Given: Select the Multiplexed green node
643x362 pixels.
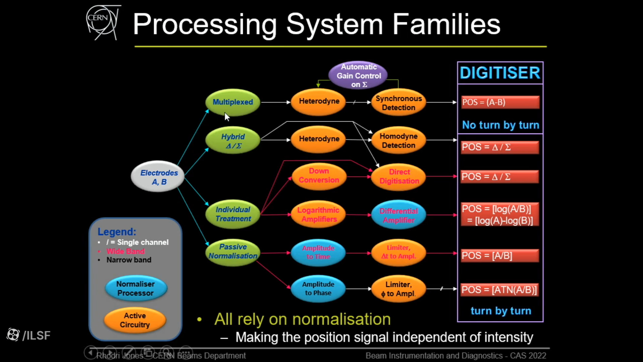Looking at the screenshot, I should [233, 102].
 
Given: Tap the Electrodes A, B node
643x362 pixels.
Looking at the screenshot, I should [158, 177].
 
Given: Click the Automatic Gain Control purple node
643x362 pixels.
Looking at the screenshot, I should [358, 75].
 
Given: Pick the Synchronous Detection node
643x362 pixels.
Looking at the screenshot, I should [398, 103].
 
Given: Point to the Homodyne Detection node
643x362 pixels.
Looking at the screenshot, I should [398, 140].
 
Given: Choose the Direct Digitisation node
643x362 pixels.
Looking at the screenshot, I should [399, 176].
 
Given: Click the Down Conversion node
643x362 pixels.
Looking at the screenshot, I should [319, 176].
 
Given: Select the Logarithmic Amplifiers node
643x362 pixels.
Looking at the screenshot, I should [318, 215].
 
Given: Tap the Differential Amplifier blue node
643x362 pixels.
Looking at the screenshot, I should [399, 215].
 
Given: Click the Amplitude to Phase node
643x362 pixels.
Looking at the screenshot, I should [318, 288].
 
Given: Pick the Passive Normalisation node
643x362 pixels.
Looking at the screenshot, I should [233, 251].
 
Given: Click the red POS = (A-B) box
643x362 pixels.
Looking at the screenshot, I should [500, 102].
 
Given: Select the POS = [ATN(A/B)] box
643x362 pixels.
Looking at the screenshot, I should [499, 290].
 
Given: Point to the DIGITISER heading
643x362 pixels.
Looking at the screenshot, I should [500, 73].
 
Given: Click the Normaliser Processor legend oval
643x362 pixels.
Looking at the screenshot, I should [136, 288].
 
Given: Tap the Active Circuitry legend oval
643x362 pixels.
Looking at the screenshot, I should [135, 320].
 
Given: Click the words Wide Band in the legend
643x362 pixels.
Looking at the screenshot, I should [126, 251].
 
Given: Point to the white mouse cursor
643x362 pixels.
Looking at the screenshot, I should [227, 116].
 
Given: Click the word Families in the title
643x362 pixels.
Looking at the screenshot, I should [446, 24].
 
